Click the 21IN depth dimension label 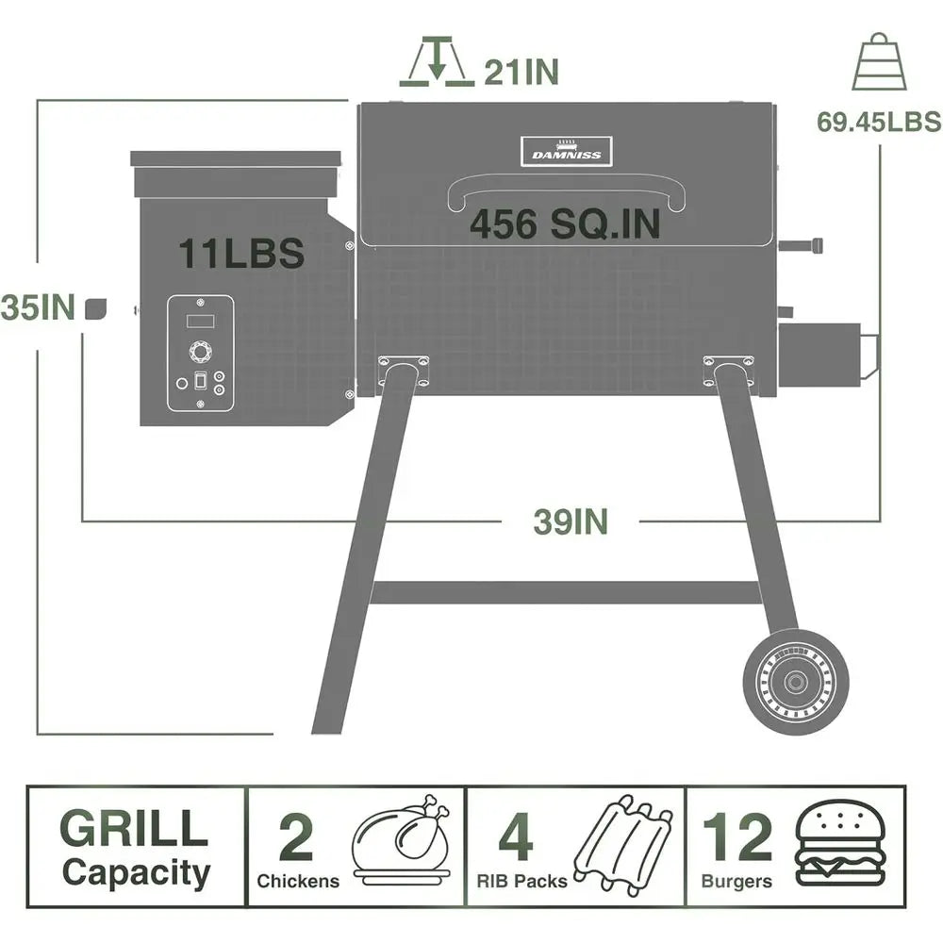click(x=521, y=72)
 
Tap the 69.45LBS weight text click(x=879, y=122)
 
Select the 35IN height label click(x=38, y=307)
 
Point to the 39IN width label click(x=571, y=521)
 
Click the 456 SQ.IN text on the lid click(x=565, y=224)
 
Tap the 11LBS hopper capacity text click(x=241, y=253)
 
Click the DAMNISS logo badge click(x=567, y=152)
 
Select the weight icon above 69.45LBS click(x=879, y=62)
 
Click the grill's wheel click(x=796, y=682)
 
